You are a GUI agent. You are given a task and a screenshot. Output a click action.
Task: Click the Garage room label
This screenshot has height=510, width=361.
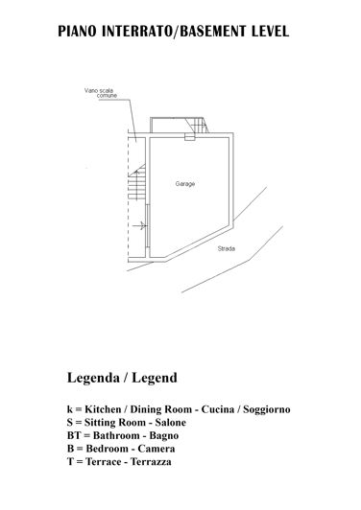point(185,183)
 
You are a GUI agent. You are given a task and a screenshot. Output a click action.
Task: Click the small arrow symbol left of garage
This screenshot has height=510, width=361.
point(142,226)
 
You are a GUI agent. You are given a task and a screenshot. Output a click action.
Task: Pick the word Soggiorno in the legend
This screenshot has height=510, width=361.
point(260,409)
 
